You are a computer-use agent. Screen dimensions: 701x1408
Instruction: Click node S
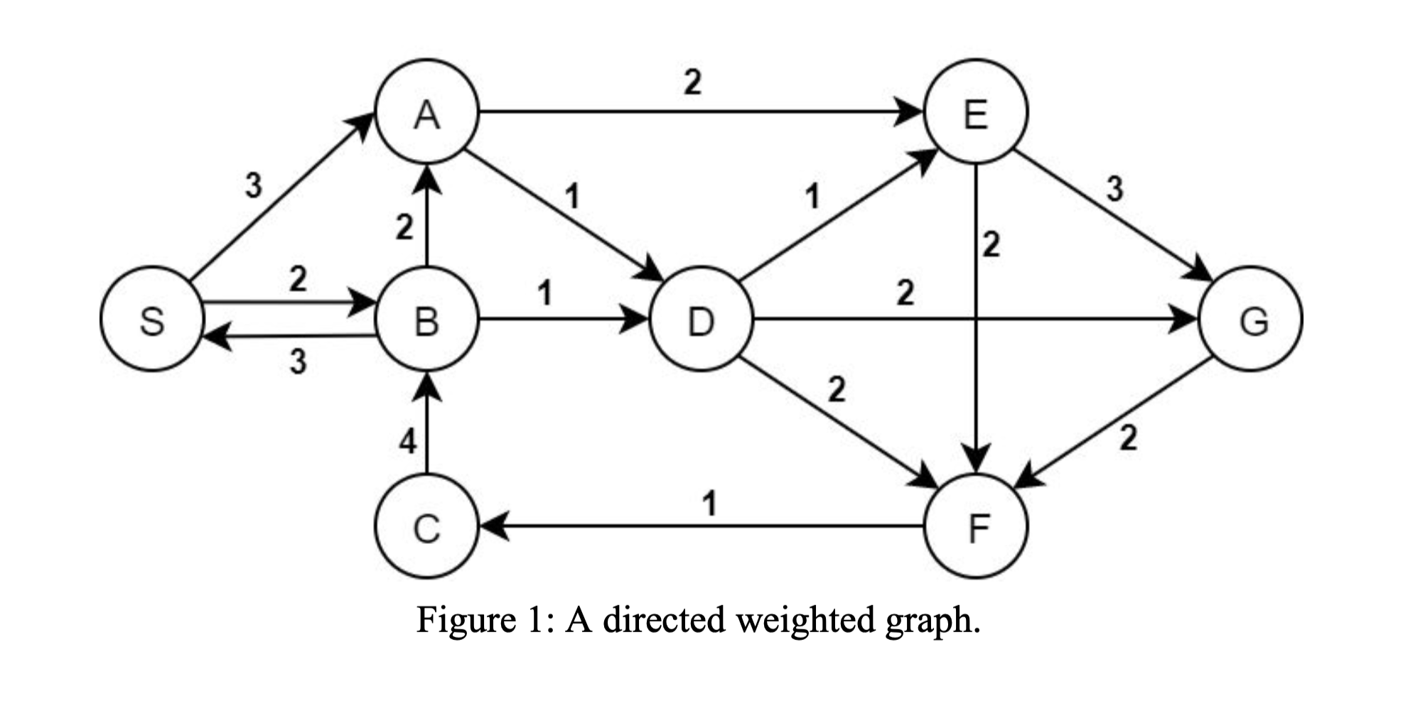point(151,319)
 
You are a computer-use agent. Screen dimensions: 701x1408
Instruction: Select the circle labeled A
point(426,112)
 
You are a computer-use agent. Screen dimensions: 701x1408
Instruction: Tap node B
point(426,319)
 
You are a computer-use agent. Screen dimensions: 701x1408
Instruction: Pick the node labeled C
point(426,527)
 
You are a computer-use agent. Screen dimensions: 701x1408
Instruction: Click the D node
point(701,319)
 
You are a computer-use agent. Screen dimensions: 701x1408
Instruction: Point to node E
point(975,112)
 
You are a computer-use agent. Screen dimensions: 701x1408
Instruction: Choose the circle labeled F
point(975,527)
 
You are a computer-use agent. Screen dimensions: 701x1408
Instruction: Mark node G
point(1251,319)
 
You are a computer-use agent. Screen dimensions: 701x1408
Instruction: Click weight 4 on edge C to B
point(407,442)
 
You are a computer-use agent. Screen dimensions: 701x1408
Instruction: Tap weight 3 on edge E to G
point(1114,188)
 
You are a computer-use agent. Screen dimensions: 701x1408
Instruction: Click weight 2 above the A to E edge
point(692,82)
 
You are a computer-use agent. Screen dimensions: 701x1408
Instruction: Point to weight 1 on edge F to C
point(709,504)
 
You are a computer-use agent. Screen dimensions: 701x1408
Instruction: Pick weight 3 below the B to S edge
point(298,362)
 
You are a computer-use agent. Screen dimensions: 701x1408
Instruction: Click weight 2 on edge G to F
point(1128,438)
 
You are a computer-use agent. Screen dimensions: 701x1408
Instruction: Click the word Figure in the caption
point(466,620)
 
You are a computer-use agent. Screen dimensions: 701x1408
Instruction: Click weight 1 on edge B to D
point(544,292)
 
